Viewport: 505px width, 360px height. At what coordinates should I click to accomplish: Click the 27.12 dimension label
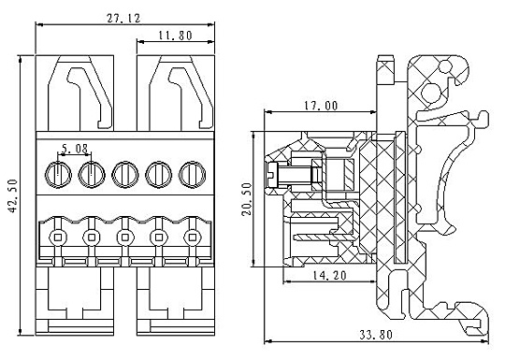click(123, 19)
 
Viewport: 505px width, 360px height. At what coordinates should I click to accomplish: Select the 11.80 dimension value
click(176, 36)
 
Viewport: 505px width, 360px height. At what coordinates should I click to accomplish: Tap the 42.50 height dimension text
click(13, 195)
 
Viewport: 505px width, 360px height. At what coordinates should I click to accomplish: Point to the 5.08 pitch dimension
click(75, 149)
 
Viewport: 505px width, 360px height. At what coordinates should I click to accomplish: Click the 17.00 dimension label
click(321, 106)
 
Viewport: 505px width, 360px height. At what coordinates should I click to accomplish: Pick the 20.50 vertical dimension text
click(247, 199)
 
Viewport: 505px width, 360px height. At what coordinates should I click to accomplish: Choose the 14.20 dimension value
click(329, 275)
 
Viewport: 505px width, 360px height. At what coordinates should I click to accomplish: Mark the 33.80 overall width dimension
click(376, 335)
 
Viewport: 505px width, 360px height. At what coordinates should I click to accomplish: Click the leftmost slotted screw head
click(58, 175)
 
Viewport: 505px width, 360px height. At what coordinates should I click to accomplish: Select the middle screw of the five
click(125, 175)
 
